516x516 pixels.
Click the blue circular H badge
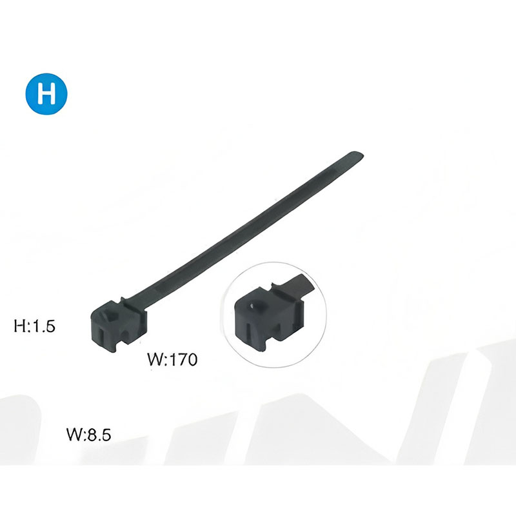(x=46, y=94)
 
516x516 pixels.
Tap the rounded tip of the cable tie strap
(x=357, y=155)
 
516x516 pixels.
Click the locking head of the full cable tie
(x=119, y=325)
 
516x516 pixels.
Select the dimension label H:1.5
(x=35, y=326)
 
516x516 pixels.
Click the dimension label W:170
(x=172, y=359)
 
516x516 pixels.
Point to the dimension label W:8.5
(x=89, y=435)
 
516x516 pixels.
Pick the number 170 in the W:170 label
(x=183, y=359)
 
